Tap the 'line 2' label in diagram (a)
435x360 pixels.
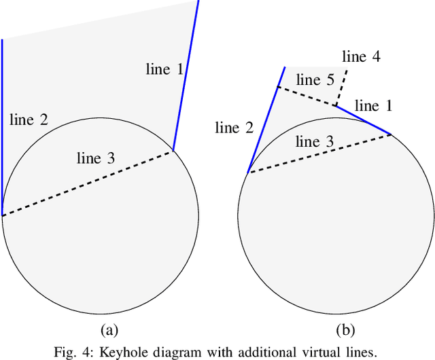click(x=29, y=120)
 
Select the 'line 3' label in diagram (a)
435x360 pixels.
click(x=96, y=158)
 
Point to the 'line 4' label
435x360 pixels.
click(x=361, y=56)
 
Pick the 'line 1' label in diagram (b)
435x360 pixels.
click(x=373, y=105)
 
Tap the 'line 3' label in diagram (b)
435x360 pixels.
click(x=315, y=141)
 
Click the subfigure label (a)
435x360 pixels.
click(x=109, y=331)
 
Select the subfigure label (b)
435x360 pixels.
click(x=347, y=331)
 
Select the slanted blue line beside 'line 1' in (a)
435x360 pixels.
click(x=186, y=75)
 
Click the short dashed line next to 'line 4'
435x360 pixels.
click(x=341, y=87)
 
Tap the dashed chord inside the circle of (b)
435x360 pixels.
click(x=319, y=154)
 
